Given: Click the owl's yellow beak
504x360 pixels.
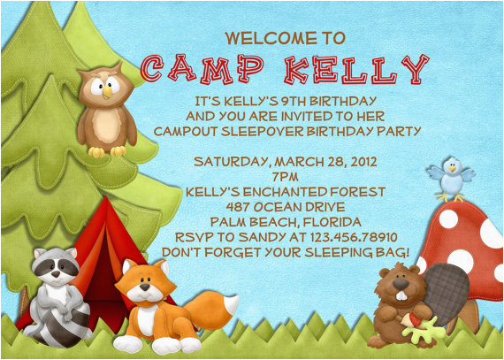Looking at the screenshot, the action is [107, 92].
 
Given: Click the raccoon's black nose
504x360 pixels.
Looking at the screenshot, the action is [57, 274].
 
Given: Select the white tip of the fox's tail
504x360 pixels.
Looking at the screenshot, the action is [231, 304].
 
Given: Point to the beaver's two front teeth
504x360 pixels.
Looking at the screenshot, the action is [401, 295].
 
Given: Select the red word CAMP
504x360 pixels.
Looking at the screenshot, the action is [202, 68].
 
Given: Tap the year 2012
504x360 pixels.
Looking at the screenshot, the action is [363, 162].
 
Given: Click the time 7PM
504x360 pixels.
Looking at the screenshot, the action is [285, 177].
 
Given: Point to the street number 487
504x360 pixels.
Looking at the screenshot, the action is [238, 207].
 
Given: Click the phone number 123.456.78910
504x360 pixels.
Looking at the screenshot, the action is [354, 238].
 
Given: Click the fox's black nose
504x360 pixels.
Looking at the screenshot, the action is [145, 287].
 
